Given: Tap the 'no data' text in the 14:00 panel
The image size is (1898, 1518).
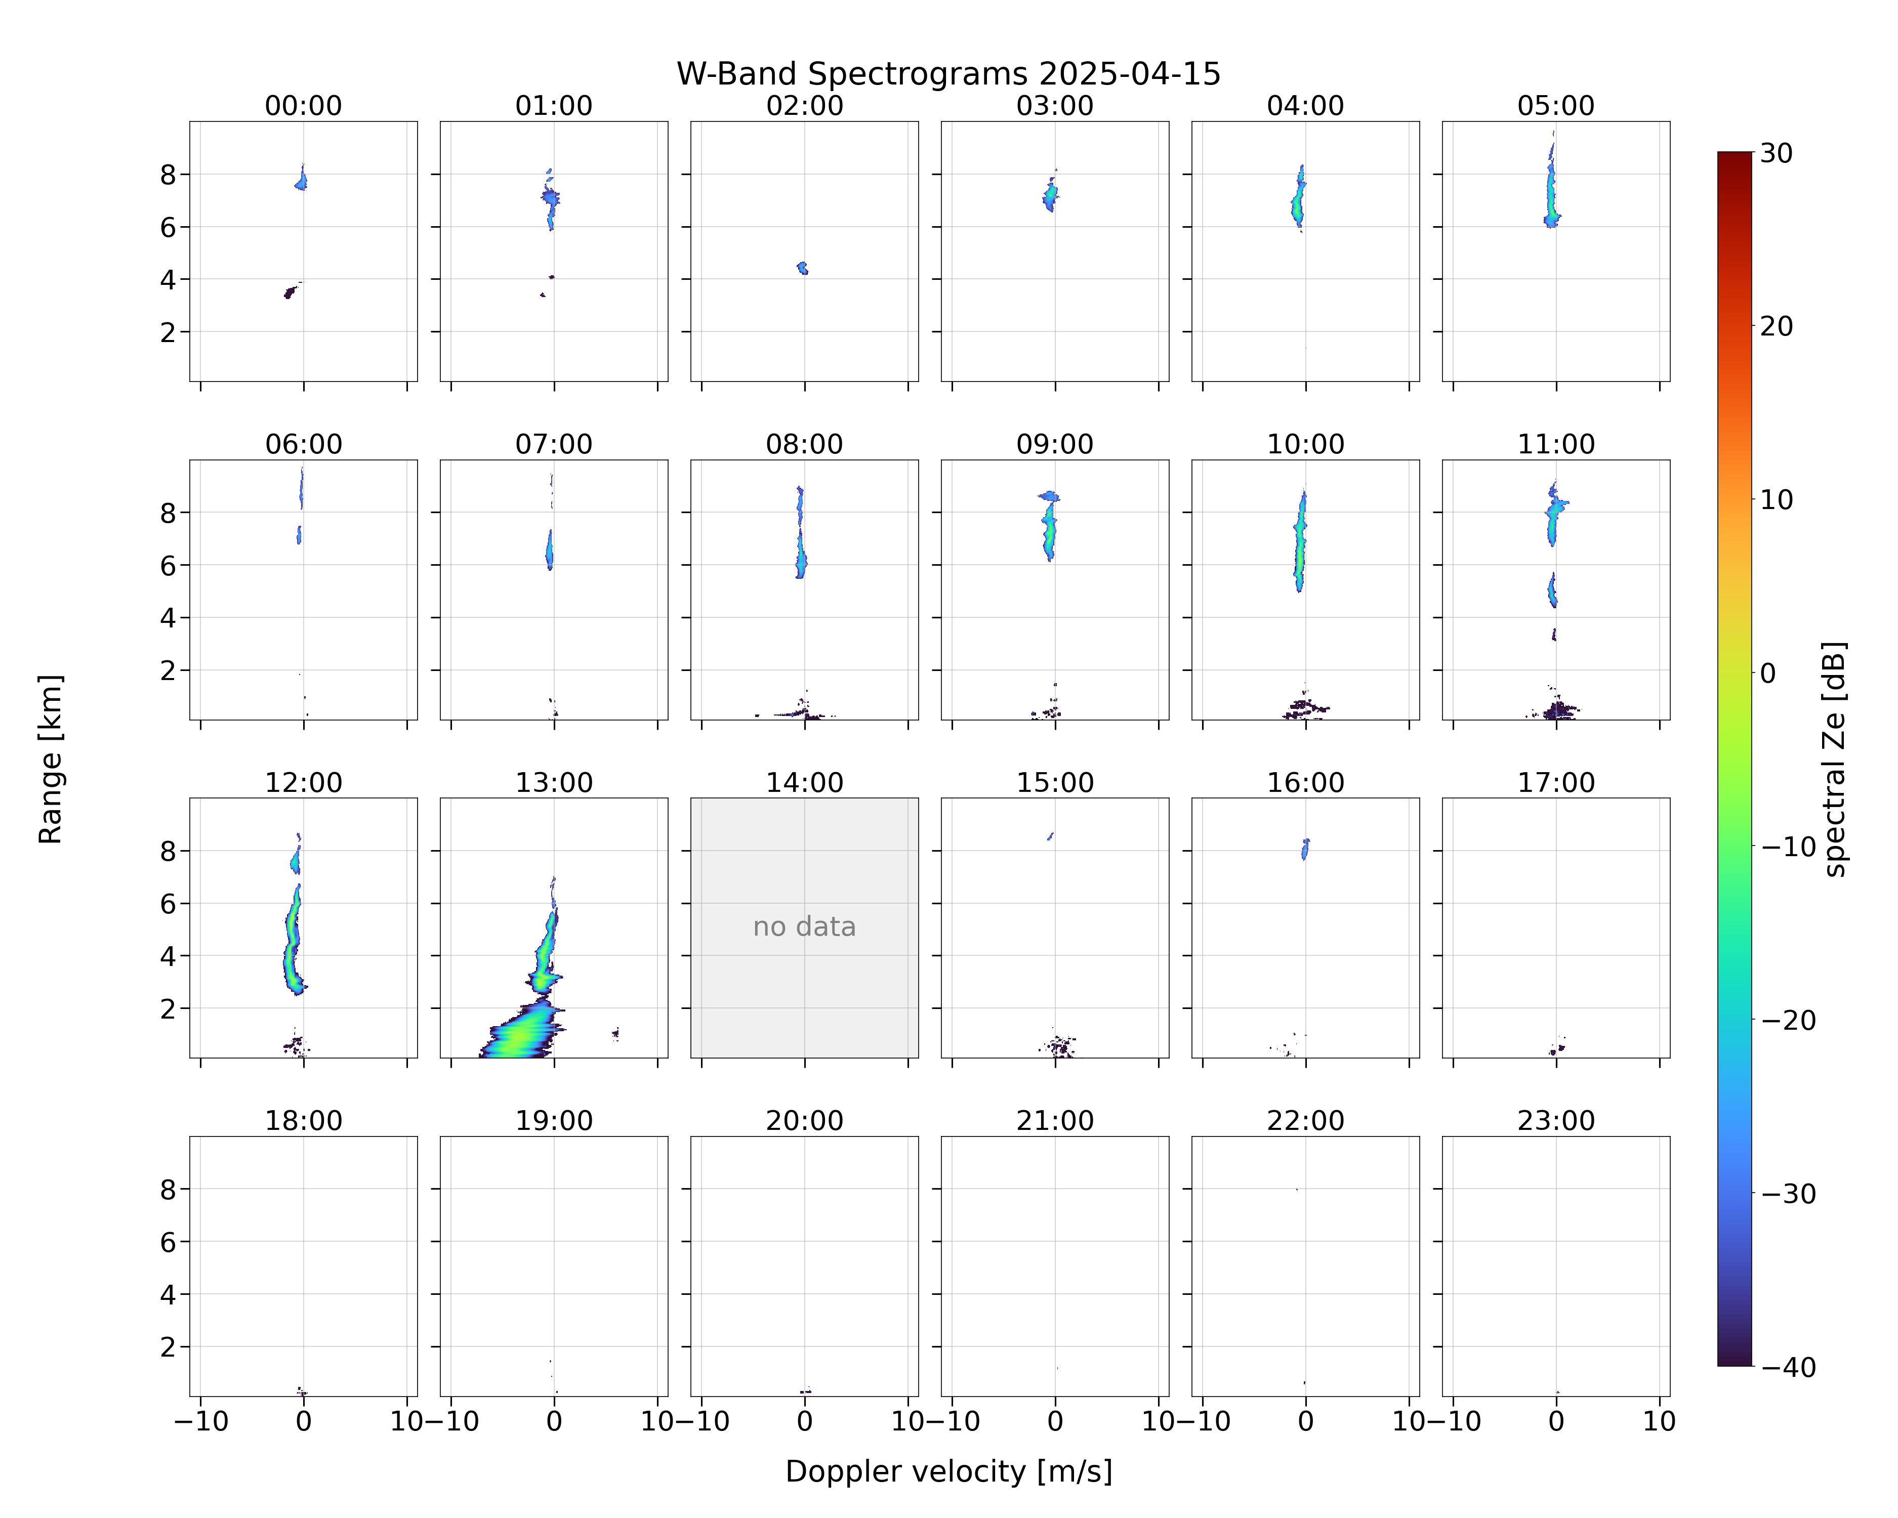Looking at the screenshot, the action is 805,926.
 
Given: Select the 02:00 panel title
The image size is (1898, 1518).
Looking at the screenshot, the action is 805,106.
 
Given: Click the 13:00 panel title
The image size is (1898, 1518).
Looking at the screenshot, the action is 554,782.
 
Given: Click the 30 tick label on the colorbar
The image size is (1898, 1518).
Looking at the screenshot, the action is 1777,153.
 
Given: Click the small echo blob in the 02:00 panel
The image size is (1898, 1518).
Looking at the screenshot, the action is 802,268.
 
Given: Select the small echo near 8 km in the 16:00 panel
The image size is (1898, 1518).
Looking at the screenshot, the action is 1305,849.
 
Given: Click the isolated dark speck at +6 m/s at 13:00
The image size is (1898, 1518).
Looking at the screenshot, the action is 616,1033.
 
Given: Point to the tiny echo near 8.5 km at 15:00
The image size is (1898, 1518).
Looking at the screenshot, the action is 1050,836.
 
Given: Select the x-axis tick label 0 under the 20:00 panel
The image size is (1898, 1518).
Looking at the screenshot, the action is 805,1421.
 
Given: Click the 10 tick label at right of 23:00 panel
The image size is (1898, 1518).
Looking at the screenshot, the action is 1660,1421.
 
